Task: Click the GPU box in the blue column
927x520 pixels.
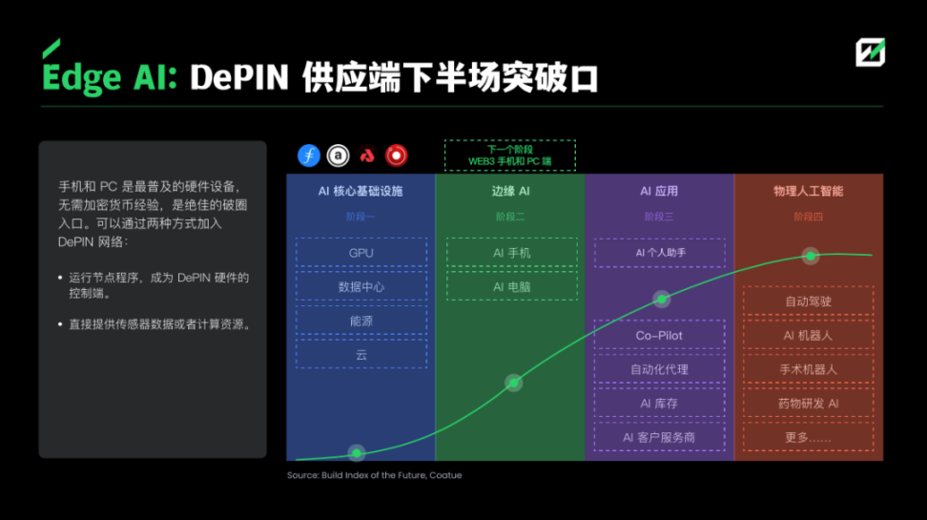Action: pos(360,253)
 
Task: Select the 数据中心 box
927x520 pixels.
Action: pos(360,286)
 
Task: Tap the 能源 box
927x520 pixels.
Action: pos(360,321)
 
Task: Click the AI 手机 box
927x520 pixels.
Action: pos(511,253)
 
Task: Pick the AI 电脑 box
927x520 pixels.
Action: pos(511,286)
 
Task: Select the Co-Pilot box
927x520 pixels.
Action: pos(659,336)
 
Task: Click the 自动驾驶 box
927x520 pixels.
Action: pos(808,302)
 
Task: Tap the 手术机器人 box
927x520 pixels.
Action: pos(808,369)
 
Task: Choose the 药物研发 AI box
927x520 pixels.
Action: pos(808,404)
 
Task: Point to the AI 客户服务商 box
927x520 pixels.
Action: pos(659,437)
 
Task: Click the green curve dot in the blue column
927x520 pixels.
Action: pos(357,452)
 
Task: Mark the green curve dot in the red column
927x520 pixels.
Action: pos(811,256)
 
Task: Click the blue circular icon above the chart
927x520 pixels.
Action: pos(308,156)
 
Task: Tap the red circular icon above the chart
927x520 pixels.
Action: pos(396,156)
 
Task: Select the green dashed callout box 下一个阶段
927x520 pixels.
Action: pos(510,156)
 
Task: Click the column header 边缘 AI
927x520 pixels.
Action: pos(510,192)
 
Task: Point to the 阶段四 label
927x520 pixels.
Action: pos(808,217)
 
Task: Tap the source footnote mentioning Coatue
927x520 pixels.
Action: pos(374,475)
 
